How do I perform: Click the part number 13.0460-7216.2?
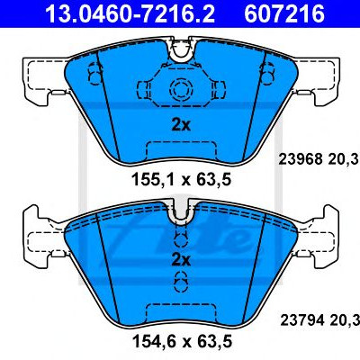(x=130, y=13)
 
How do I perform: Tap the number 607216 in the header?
(x=284, y=13)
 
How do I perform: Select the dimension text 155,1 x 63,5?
(x=181, y=180)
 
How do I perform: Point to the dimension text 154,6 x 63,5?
(x=182, y=341)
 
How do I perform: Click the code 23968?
(x=301, y=159)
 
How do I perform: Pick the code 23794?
(x=302, y=320)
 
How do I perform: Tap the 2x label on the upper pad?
(x=181, y=125)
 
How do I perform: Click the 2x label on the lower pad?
(x=181, y=260)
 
